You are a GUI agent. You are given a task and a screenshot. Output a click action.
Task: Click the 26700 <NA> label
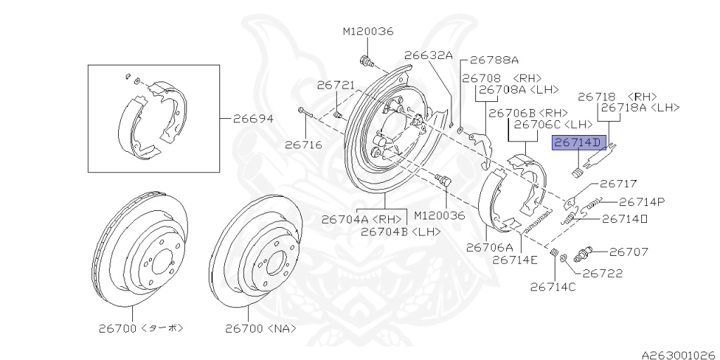[261, 328]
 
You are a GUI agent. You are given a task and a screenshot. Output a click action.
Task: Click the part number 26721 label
[336, 85]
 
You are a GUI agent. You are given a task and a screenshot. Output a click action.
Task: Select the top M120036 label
[368, 32]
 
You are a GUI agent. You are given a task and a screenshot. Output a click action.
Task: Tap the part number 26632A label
[428, 55]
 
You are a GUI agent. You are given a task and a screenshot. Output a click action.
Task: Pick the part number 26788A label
[494, 60]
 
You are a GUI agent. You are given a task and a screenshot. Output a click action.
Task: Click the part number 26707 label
[628, 251]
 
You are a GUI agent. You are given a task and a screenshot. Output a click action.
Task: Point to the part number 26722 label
[603, 274]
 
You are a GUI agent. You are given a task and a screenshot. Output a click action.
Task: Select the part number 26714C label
[553, 286]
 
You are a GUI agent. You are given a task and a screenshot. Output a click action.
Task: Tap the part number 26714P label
[641, 202]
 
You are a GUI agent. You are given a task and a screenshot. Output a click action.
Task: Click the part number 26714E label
[515, 259]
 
